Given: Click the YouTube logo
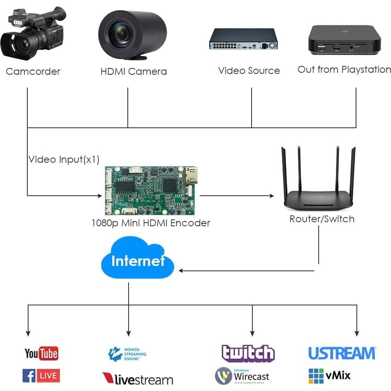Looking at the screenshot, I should (x=41, y=353).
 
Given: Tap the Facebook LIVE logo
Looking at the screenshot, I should (x=41, y=376).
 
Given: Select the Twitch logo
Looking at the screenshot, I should (x=248, y=353).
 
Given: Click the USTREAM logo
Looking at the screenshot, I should (x=342, y=353).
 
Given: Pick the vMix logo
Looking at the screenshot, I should (x=330, y=376).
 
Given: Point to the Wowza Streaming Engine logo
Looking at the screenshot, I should (x=127, y=354).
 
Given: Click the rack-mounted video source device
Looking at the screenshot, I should (x=243, y=39).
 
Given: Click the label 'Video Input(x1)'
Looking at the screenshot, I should (x=64, y=160).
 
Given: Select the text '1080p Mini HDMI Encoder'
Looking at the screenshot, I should (x=151, y=223).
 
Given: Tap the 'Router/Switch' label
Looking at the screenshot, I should (x=322, y=219).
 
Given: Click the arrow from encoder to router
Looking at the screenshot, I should (x=237, y=196).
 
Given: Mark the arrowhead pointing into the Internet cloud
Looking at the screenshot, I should (x=181, y=270).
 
